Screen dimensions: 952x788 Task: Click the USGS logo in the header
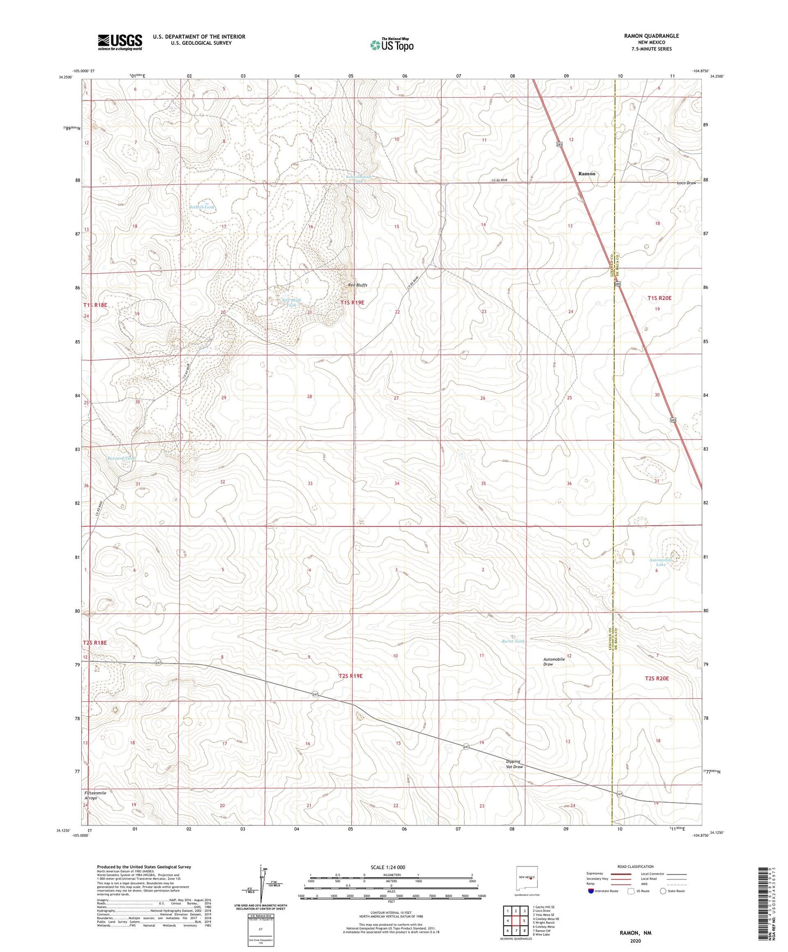point(120,41)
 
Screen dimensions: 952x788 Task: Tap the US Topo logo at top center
point(392,44)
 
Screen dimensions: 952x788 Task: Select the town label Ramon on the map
point(587,173)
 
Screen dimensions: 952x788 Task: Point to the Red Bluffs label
point(358,285)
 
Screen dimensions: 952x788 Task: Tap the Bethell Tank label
point(202,207)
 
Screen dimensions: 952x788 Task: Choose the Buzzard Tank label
point(123,459)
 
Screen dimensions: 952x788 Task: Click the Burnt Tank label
point(513,641)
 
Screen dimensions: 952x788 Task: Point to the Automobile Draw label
point(556,661)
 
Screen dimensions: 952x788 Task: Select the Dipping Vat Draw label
point(513,764)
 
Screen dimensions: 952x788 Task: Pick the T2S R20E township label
point(657,678)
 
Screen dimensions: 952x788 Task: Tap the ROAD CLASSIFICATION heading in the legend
point(636,866)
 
